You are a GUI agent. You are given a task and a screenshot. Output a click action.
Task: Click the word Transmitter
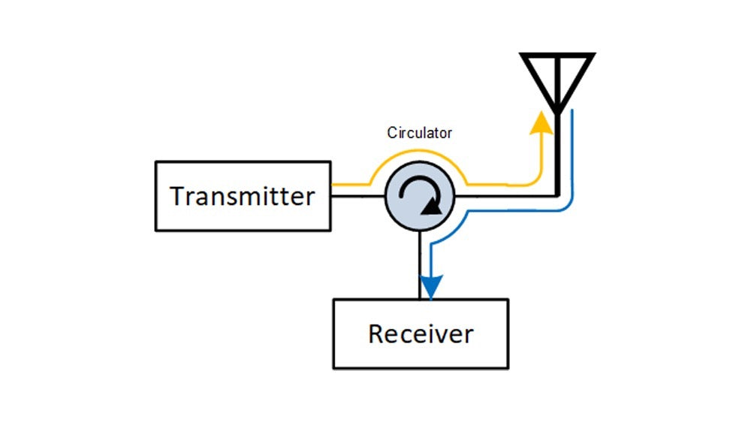242,196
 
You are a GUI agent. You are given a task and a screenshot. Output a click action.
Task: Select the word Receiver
421,333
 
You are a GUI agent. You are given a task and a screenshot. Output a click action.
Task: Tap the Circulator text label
420,133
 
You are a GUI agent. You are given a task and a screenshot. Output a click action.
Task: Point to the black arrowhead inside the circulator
430,206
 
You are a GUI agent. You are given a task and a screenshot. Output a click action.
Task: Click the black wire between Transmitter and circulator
357,197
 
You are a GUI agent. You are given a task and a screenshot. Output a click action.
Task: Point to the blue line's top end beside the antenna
574,113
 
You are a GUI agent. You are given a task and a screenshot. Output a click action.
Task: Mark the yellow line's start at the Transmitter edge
334,183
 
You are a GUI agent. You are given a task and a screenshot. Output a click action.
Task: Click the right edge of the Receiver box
508,333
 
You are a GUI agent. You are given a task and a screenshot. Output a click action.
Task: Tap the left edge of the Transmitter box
155,196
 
